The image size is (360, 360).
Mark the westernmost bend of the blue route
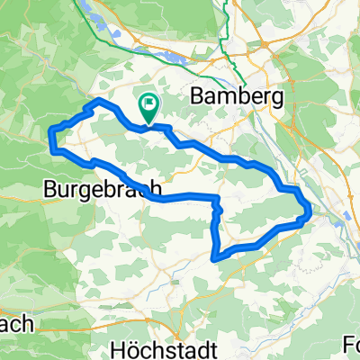pos(50,135)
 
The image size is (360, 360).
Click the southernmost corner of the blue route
pos(214,258)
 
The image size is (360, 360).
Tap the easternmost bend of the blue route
pos(310,212)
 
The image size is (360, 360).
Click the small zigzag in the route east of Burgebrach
pos(215,207)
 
